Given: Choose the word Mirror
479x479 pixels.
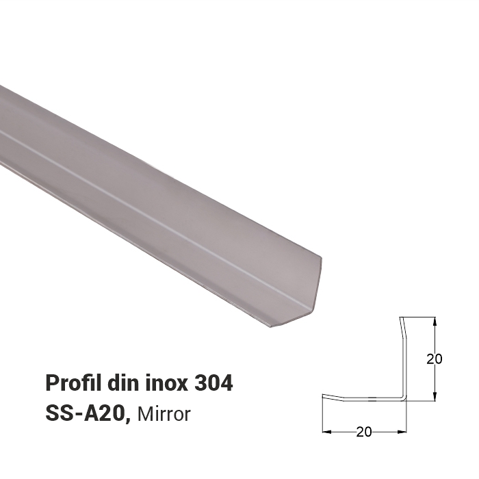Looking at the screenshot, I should (x=164, y=414).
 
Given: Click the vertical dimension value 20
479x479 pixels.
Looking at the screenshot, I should (x=434, y=359).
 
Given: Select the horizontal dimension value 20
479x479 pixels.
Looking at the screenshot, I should (x=364, y=432).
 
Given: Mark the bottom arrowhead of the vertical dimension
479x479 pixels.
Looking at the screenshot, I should (x=435, y=397).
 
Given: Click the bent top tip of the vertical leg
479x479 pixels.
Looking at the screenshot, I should (x=401, y=319).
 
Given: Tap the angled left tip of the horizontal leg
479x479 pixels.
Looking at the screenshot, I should (x=324, y=396).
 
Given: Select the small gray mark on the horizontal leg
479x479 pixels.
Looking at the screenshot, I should (x=370, y=398).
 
